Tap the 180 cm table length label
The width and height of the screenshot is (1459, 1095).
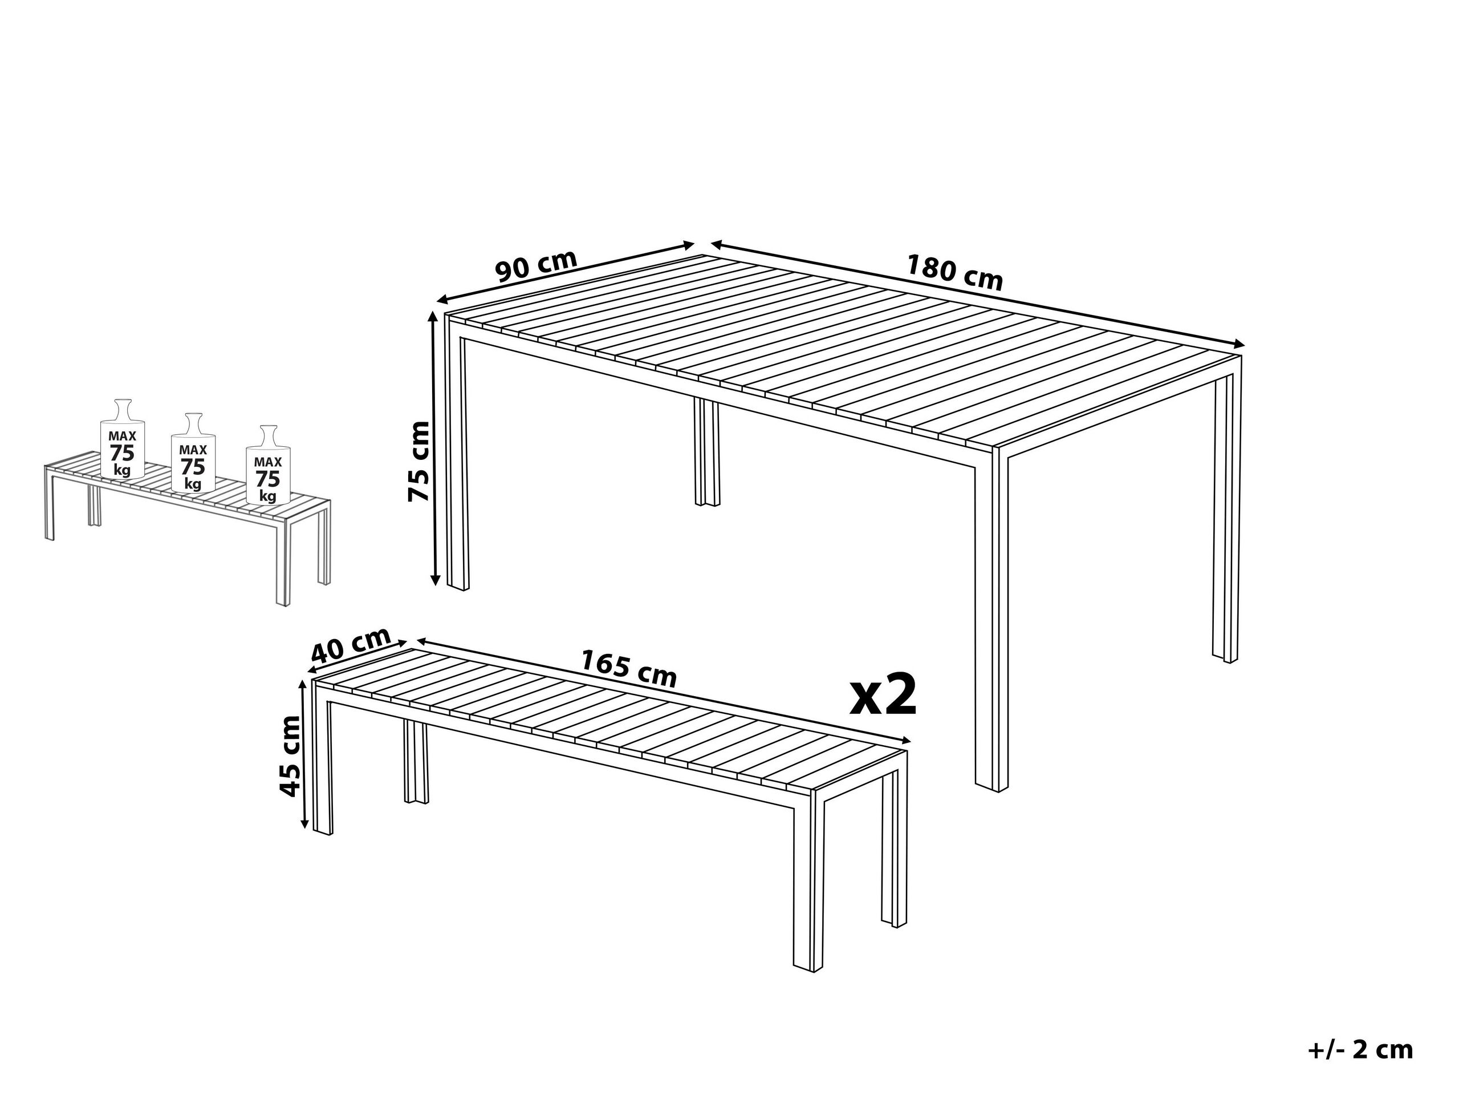pos(954,273)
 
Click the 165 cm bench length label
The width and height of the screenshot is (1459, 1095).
pos(628,668)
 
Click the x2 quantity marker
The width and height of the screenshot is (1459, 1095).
pos(883,695)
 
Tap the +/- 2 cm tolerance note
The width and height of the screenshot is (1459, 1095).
pos(1360,1050)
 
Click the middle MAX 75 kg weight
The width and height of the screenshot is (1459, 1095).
pos(193,455)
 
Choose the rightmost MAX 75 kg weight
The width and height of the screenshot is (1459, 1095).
pos(268,467)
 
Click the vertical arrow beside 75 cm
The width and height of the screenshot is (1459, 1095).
pos(434,449)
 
